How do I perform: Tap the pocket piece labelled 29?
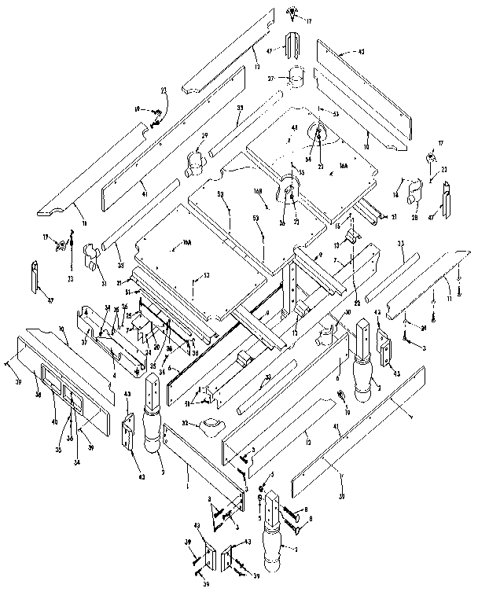194,164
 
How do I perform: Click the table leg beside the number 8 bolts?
274,535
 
